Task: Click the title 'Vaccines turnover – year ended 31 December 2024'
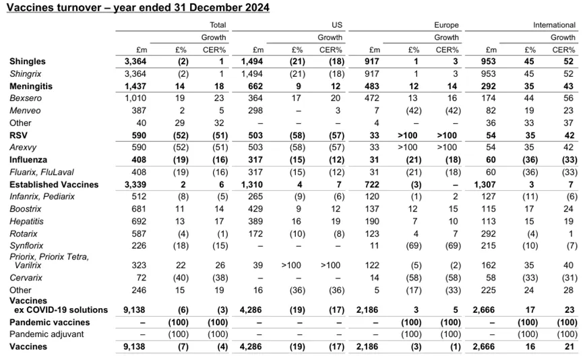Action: [139, 8]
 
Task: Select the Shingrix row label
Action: [26, 74]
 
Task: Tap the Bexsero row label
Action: [26, 98]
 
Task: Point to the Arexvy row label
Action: [24, 147]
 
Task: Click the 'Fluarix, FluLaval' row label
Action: [40, 172]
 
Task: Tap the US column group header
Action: [337, 25]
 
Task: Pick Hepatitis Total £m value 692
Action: [148, 220]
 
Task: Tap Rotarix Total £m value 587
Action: [148, 233]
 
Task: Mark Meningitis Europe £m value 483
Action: [373, 86]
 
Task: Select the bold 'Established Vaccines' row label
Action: [54, 184]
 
